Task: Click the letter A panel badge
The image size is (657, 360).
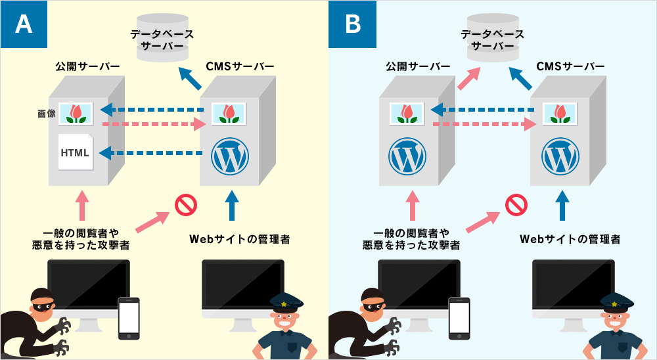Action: (24, 24)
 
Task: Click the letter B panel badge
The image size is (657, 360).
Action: (353, 24)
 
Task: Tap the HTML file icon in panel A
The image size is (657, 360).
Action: (75, 152)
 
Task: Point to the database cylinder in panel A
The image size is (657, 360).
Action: (162, 40)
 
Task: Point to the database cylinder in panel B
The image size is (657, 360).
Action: (493, 40)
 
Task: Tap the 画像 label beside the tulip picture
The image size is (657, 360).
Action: (46, 114)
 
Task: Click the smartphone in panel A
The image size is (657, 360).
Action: (129, 319)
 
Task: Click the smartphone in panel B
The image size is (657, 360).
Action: (459, 319)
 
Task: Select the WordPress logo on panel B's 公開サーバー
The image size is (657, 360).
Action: (407, 156)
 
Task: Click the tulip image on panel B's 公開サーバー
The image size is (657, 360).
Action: (407, 113)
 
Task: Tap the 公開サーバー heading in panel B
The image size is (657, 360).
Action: (409, 67)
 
